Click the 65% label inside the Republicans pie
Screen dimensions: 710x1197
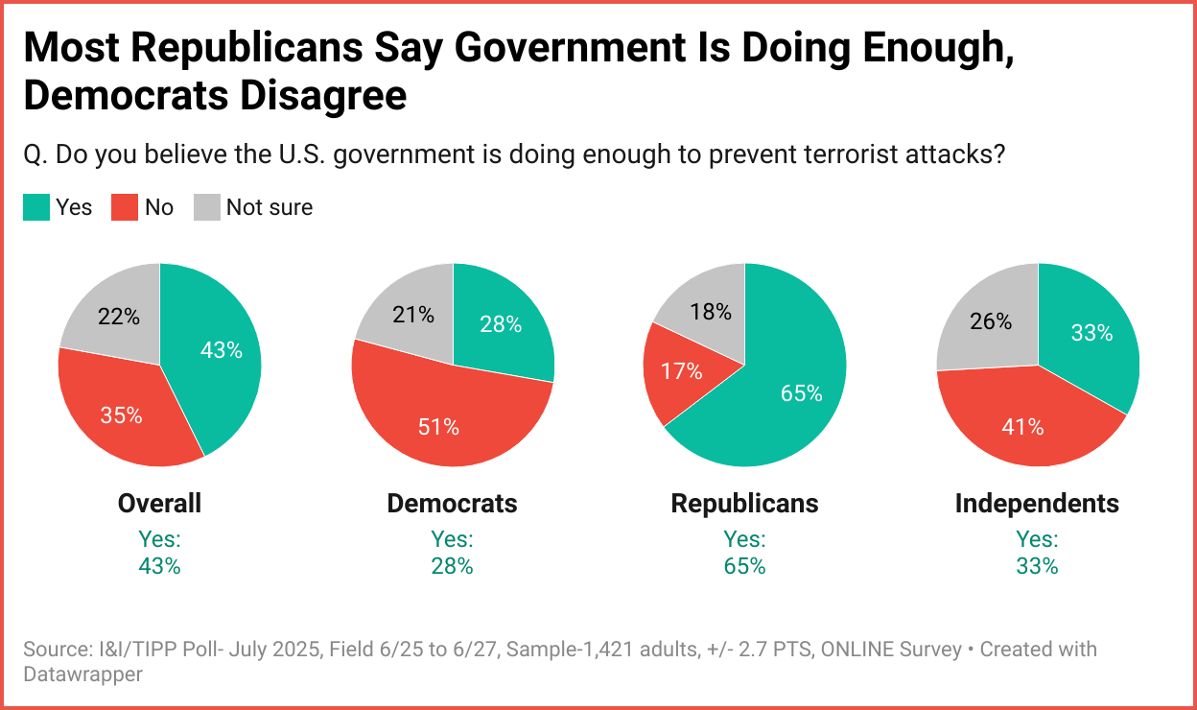click(x=802, y=393)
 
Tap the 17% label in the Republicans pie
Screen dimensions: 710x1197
click(x=682, y=370)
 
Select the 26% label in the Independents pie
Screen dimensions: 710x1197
click(x=991, y=321)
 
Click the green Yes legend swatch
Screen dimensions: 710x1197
click(x=36, y=207)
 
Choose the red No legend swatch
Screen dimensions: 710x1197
click(x=125, y=207)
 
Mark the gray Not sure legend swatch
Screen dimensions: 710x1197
click(x=207, y=207)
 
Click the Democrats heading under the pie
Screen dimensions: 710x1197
click(x=452, y=503)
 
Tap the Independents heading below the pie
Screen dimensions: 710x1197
click(x=1037, y=503)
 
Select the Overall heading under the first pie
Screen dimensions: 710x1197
click(x=159, y=503)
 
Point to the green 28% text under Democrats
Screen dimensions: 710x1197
click(x=452, y=566)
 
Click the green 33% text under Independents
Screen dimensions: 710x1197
click(x=1037, y=566)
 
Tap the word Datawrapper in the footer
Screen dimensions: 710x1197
click(x=82, y=674)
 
